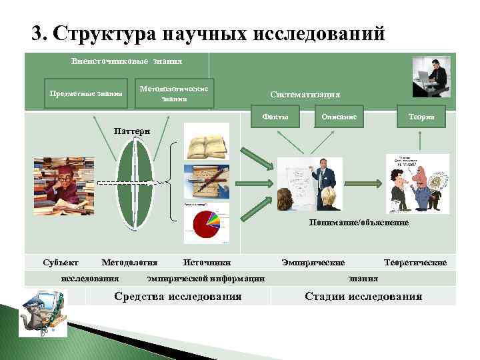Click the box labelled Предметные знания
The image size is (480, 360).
[x=86, y=94]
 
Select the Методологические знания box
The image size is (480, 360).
[x=175, y=93]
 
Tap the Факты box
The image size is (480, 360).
[x=275, y=117]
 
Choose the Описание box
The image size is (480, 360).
[x=339, y=117]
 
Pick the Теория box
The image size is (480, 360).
[x=421, y=116]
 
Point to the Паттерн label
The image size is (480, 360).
[x=133, y=131]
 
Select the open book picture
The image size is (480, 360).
[x=207, y=145]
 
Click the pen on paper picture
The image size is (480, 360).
[x=207, y=180]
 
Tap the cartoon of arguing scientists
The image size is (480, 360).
[x=416, y=184]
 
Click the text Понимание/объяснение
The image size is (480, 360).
[x=359, y=223]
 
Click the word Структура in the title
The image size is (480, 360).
[x=104, y=33]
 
